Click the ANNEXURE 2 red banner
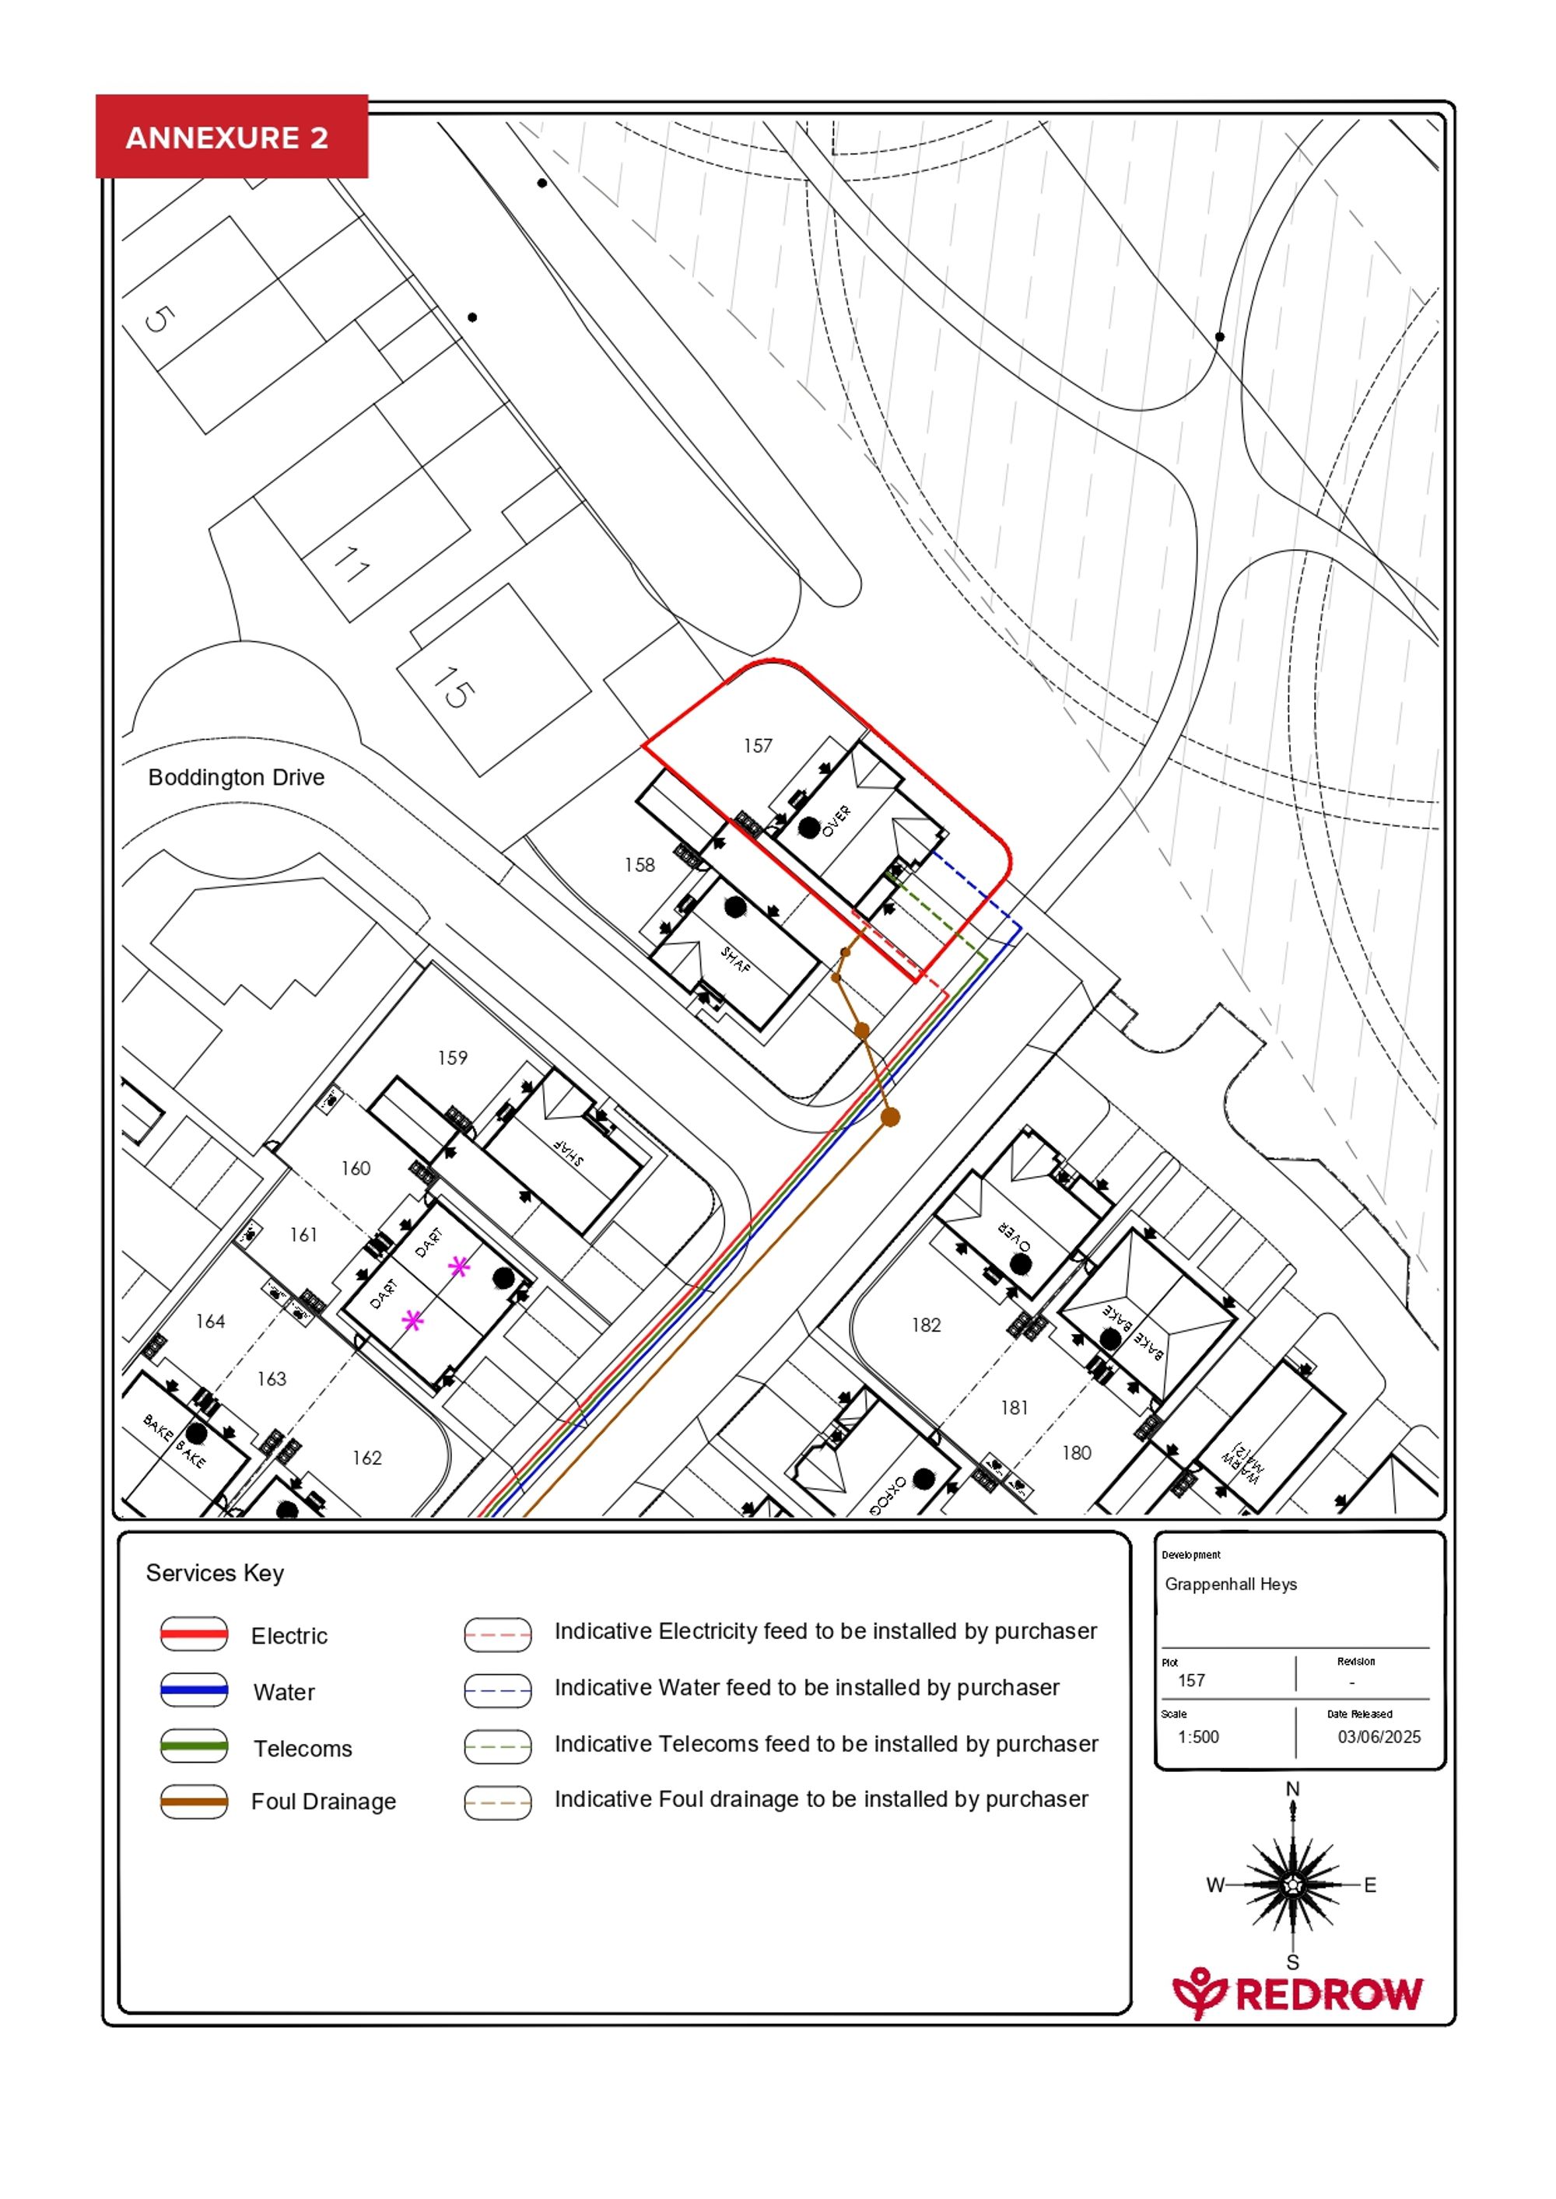coord(231,137)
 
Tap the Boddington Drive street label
coord(236,777)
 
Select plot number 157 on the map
coord(758,745)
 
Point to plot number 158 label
coord(639,865)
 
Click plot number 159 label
coord(452,1057)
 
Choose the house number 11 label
coord(351,565)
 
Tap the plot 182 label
coord(926,1325)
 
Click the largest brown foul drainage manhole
coord(890,1117)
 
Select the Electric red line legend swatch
coord(194,1635)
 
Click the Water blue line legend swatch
coord(194,1690)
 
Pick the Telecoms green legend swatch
coord(194,1746)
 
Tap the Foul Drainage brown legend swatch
coord(194,1802)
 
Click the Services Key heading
coord(215,1574)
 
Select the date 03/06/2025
coord(1379,1736)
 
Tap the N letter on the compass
coord(1291,1788)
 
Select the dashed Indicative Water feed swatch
coord(497,1690)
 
